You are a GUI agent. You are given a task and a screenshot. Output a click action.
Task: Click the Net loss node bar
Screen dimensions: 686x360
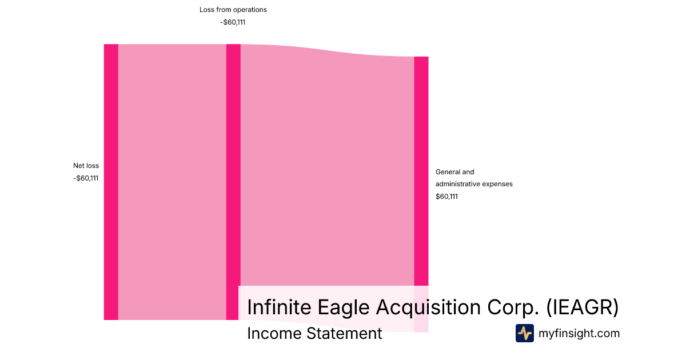pyautogui.click(x=111, y=182)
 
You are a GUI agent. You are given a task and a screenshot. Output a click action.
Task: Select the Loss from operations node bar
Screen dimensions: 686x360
pyautogui.click(x=233, y=182)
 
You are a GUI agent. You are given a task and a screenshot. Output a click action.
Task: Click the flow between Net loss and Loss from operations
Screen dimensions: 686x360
pyautogui.click(x=172, y=182)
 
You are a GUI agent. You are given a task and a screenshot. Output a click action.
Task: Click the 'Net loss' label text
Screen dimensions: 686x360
pyautogui.click(x=86, y=166)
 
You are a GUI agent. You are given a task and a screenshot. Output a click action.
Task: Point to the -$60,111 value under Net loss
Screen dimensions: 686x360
pyautogui.click(x=86, y=178)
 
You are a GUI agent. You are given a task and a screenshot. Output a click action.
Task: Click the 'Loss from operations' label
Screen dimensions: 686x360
pyautogui.click(x=233, y=10)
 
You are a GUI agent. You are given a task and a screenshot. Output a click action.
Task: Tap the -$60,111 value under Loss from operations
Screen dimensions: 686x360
pyautogui.click(x=233, y=22)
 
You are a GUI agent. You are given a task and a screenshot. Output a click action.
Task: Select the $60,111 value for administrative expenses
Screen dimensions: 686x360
pyautogui.click(x=446, y=197)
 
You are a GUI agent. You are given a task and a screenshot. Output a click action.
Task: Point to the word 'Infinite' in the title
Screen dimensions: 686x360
pyautogui.click(x=280, y=307)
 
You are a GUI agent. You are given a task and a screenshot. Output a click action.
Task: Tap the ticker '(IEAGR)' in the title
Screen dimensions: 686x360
pyautogui.click(x=583, y=307)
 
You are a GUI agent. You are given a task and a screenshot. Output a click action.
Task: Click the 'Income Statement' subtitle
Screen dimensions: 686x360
pyautogui.click(x=314, y=334)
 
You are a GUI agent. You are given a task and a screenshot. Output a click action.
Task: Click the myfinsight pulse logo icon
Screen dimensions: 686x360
pyautogui.click(x=525, y=333)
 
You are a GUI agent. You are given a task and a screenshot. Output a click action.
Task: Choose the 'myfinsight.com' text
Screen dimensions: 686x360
pyautogui.click(x=579, y=333)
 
